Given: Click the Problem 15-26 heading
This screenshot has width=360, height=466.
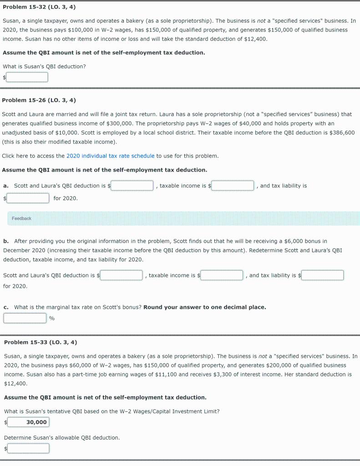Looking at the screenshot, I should tap(39, 100).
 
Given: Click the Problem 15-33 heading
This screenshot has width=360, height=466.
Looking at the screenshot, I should tap(41, 342).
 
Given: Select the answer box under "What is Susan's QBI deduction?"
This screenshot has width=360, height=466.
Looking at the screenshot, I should tap(27, 77).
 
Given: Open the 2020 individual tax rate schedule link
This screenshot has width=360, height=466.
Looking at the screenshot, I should tap(111, 156).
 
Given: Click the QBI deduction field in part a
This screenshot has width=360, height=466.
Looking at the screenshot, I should tap(132, 186).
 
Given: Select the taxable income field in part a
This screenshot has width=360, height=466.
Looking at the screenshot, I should tap(233, 186).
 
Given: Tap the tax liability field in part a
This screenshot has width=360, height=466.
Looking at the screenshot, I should tap(28, 198).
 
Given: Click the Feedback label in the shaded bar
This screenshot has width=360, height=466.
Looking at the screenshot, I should tap(21, 218).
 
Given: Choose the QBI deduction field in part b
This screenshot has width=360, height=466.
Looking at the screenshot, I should tap(122, 275).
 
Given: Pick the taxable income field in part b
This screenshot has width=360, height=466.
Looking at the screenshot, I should tap(222, 275).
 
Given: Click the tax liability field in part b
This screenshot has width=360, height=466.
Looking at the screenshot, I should tap(323, 275).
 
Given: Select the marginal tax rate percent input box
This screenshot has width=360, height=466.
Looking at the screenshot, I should tap(25, 318).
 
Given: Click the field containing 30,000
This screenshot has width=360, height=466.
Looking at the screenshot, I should tap(28, 422).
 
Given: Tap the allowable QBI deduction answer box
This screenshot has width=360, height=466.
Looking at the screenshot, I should tap(28, 449).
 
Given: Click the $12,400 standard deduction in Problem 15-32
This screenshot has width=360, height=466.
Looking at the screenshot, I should tap(255, 39).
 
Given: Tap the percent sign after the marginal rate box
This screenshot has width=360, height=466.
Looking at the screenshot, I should tap(52, 318).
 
